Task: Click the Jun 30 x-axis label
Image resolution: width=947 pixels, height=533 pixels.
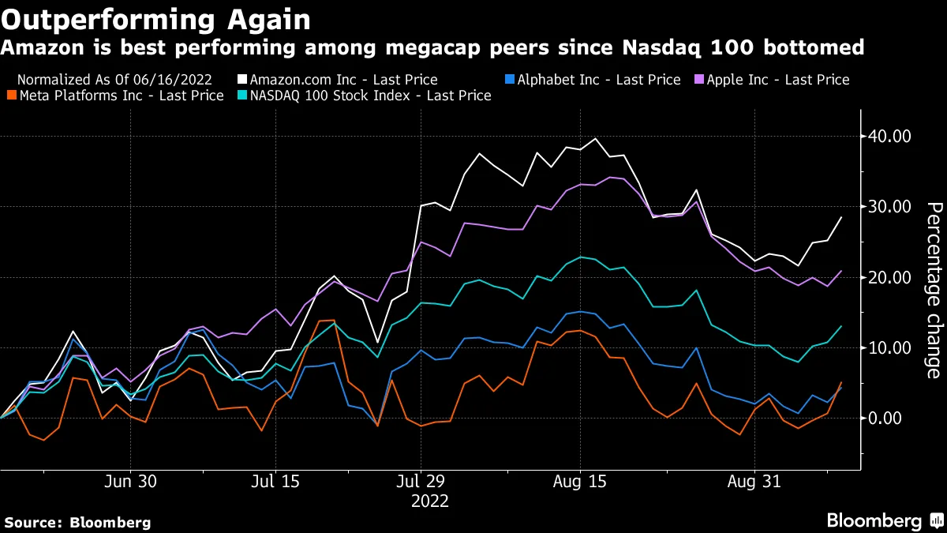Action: pos(130,482)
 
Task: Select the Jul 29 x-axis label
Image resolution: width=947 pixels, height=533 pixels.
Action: pos(421,482)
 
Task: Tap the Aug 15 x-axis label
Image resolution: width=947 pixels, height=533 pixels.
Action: pos(580,482)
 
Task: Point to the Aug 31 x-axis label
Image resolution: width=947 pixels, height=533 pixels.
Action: pos(754,482)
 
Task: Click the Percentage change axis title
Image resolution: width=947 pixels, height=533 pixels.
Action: pos(933,290)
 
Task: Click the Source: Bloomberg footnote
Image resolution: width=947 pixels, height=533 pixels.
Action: pos(77,522)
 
